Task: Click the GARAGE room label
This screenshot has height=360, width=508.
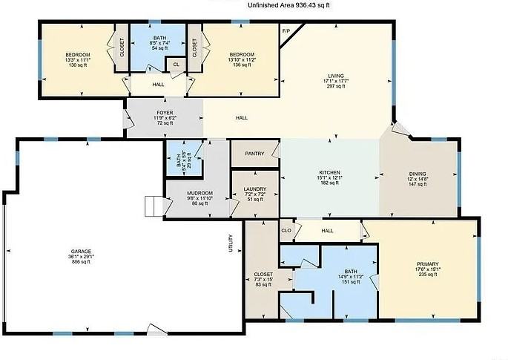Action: (76, 252)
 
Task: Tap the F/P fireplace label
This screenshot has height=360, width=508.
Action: (286, 31)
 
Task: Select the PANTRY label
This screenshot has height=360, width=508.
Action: (254, 154)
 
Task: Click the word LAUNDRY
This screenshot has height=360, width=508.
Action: (254, 189)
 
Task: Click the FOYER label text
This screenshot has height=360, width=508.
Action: (165, 113)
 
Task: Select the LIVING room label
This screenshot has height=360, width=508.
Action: (336, 76)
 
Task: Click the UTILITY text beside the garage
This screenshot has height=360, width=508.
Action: (231, 243)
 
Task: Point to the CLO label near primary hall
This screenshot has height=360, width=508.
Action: (286, 231)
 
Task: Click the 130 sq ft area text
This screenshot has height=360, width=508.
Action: (77, 65)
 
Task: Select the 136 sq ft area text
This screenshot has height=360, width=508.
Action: (242, 65)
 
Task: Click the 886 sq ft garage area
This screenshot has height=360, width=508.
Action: (76, 263)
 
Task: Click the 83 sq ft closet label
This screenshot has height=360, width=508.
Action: (263, 285)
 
